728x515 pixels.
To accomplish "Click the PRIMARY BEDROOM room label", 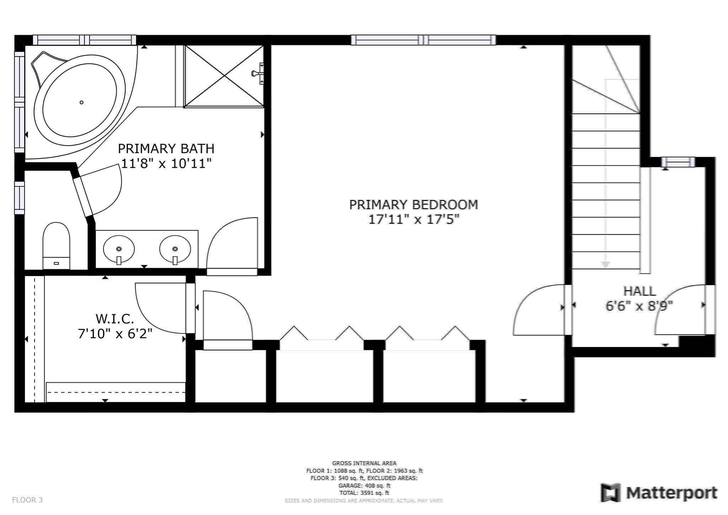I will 413,205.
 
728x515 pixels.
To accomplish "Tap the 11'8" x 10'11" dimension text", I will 166,164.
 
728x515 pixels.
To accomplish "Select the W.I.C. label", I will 114,319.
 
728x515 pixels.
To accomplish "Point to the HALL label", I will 639,291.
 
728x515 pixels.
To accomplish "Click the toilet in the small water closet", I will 56,245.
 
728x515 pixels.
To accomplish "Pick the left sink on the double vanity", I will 119,249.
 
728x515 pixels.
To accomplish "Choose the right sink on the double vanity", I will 175,249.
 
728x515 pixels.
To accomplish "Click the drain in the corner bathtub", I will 81,102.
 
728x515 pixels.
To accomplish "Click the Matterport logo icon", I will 610,493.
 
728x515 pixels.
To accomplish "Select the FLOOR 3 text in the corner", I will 27,500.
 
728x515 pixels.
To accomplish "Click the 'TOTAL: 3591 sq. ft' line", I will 364,493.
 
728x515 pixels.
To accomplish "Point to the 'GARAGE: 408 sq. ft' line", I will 364,485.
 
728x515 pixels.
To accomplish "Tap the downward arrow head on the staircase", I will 605,265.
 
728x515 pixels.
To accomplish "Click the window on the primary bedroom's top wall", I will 423,40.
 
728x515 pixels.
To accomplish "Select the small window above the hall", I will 678,162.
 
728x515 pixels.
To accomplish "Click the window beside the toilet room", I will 20,198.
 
